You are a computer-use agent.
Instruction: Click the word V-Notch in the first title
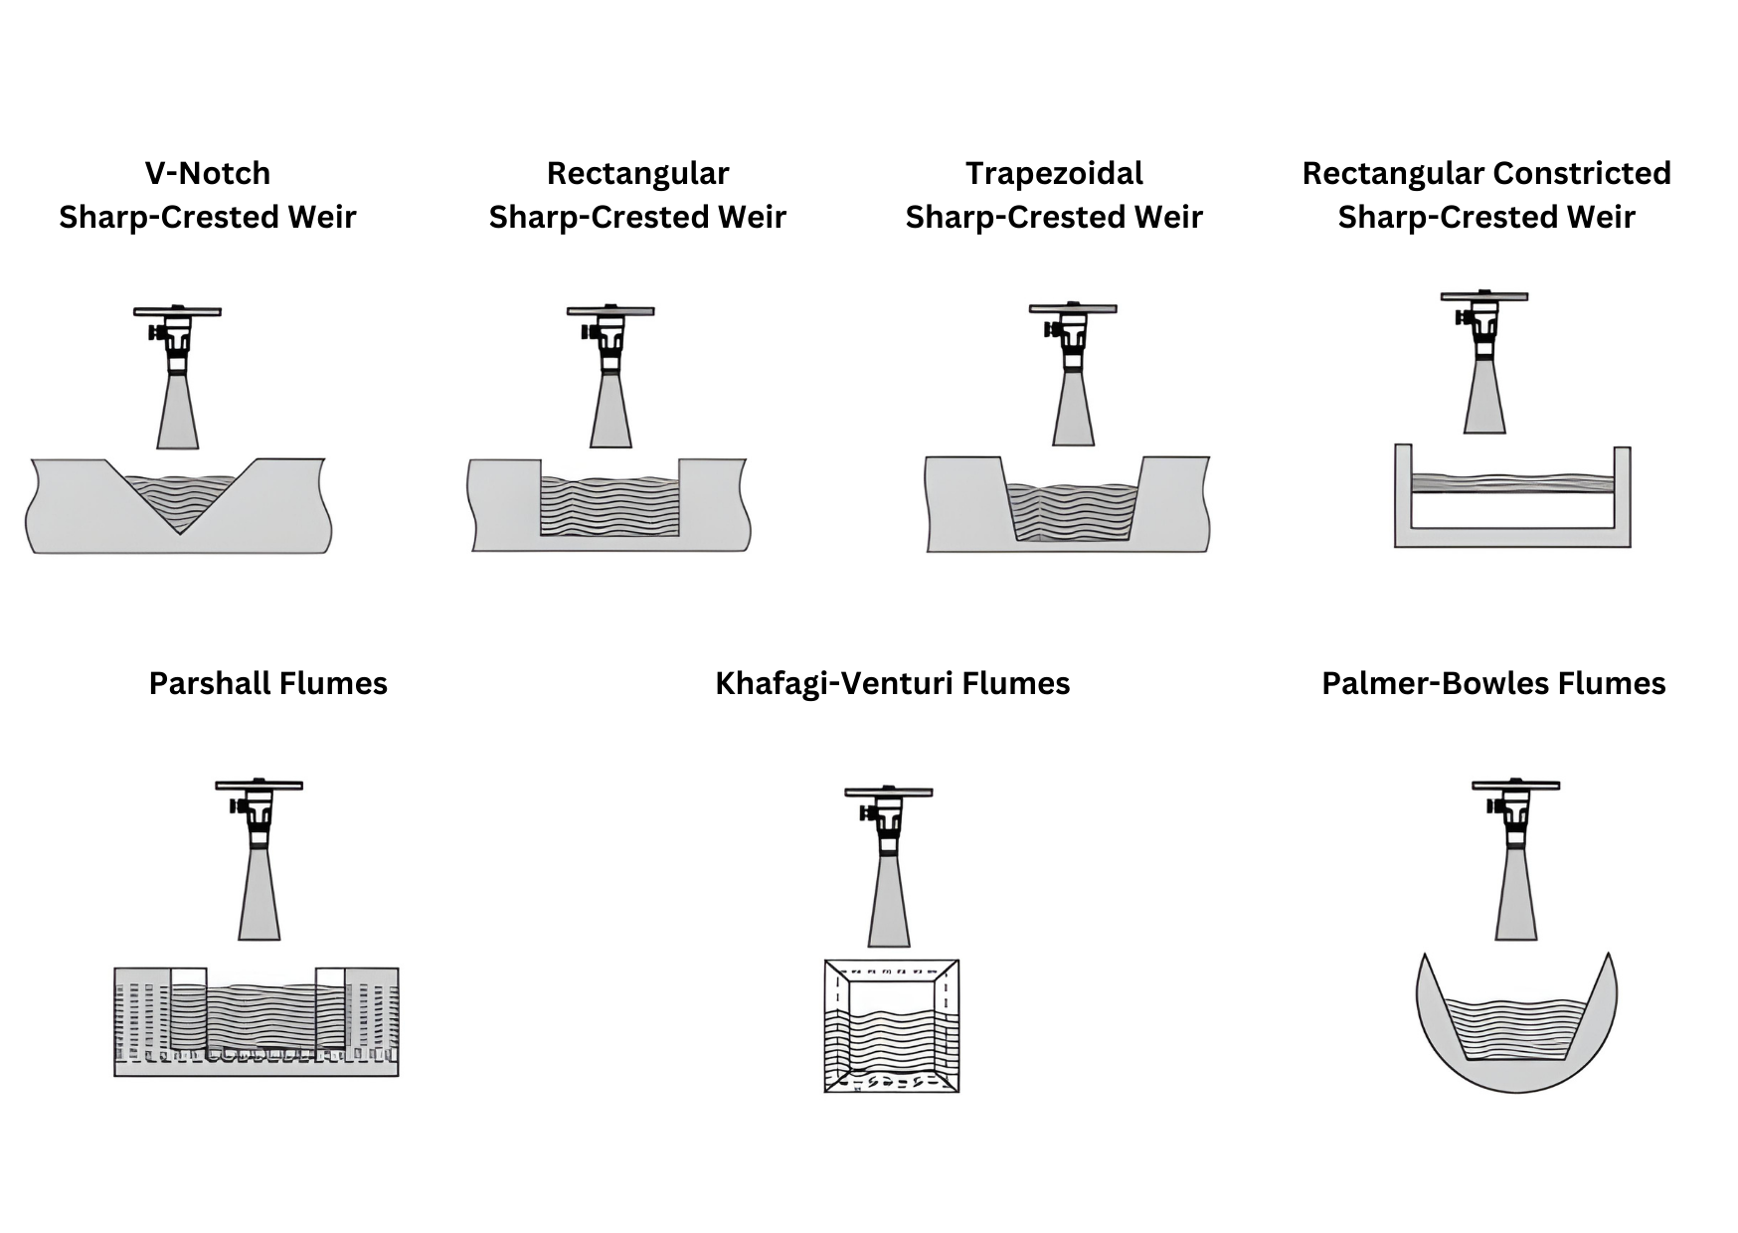207,173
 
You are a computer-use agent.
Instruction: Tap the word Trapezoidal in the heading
1054,173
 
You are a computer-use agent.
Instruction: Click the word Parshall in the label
210,683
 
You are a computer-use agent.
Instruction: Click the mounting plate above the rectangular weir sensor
610,311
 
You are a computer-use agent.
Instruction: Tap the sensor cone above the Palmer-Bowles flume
1516,900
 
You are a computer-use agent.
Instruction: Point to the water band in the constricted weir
1511,483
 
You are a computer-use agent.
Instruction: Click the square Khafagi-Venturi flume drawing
892,1026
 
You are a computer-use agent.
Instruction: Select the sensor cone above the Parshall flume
260,900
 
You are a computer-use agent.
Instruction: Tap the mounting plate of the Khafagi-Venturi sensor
889,793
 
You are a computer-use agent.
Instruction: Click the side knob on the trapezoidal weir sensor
1050,329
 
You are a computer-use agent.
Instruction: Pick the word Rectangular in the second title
637,173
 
